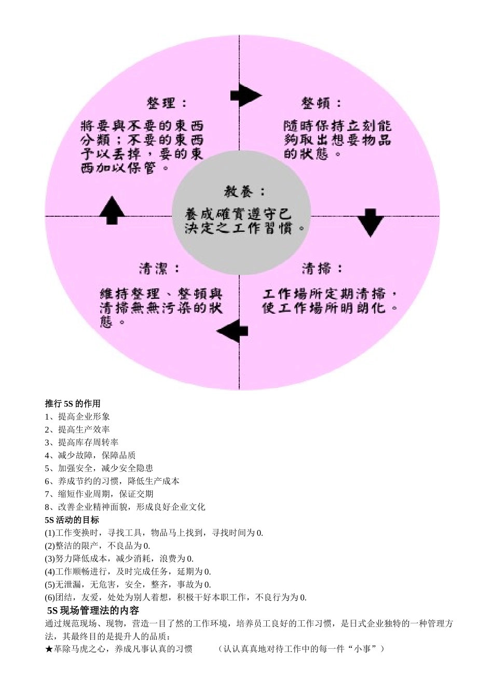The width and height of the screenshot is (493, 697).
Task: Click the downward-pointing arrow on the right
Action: pos(370,222)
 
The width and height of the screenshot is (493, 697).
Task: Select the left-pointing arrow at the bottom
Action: pos(232,331)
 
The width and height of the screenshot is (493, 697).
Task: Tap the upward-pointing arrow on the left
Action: pos(112,210)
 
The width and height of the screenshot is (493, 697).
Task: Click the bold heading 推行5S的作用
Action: pos(73,403)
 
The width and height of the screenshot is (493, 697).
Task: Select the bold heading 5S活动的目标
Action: pos(72,520)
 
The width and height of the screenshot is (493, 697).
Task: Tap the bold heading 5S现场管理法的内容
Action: pos(93,610)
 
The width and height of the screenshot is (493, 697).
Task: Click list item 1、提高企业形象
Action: pos(77,416)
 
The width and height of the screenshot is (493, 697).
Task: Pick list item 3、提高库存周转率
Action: pos(81,442)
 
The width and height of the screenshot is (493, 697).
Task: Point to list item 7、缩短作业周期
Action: pos(99,494)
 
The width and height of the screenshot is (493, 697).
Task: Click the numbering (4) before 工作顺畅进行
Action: pos(50,571)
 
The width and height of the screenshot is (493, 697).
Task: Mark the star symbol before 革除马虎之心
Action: pos(49,649)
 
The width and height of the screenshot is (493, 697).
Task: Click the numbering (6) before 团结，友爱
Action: pos(50,597)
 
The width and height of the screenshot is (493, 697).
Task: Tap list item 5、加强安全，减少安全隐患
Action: pos(99,468)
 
